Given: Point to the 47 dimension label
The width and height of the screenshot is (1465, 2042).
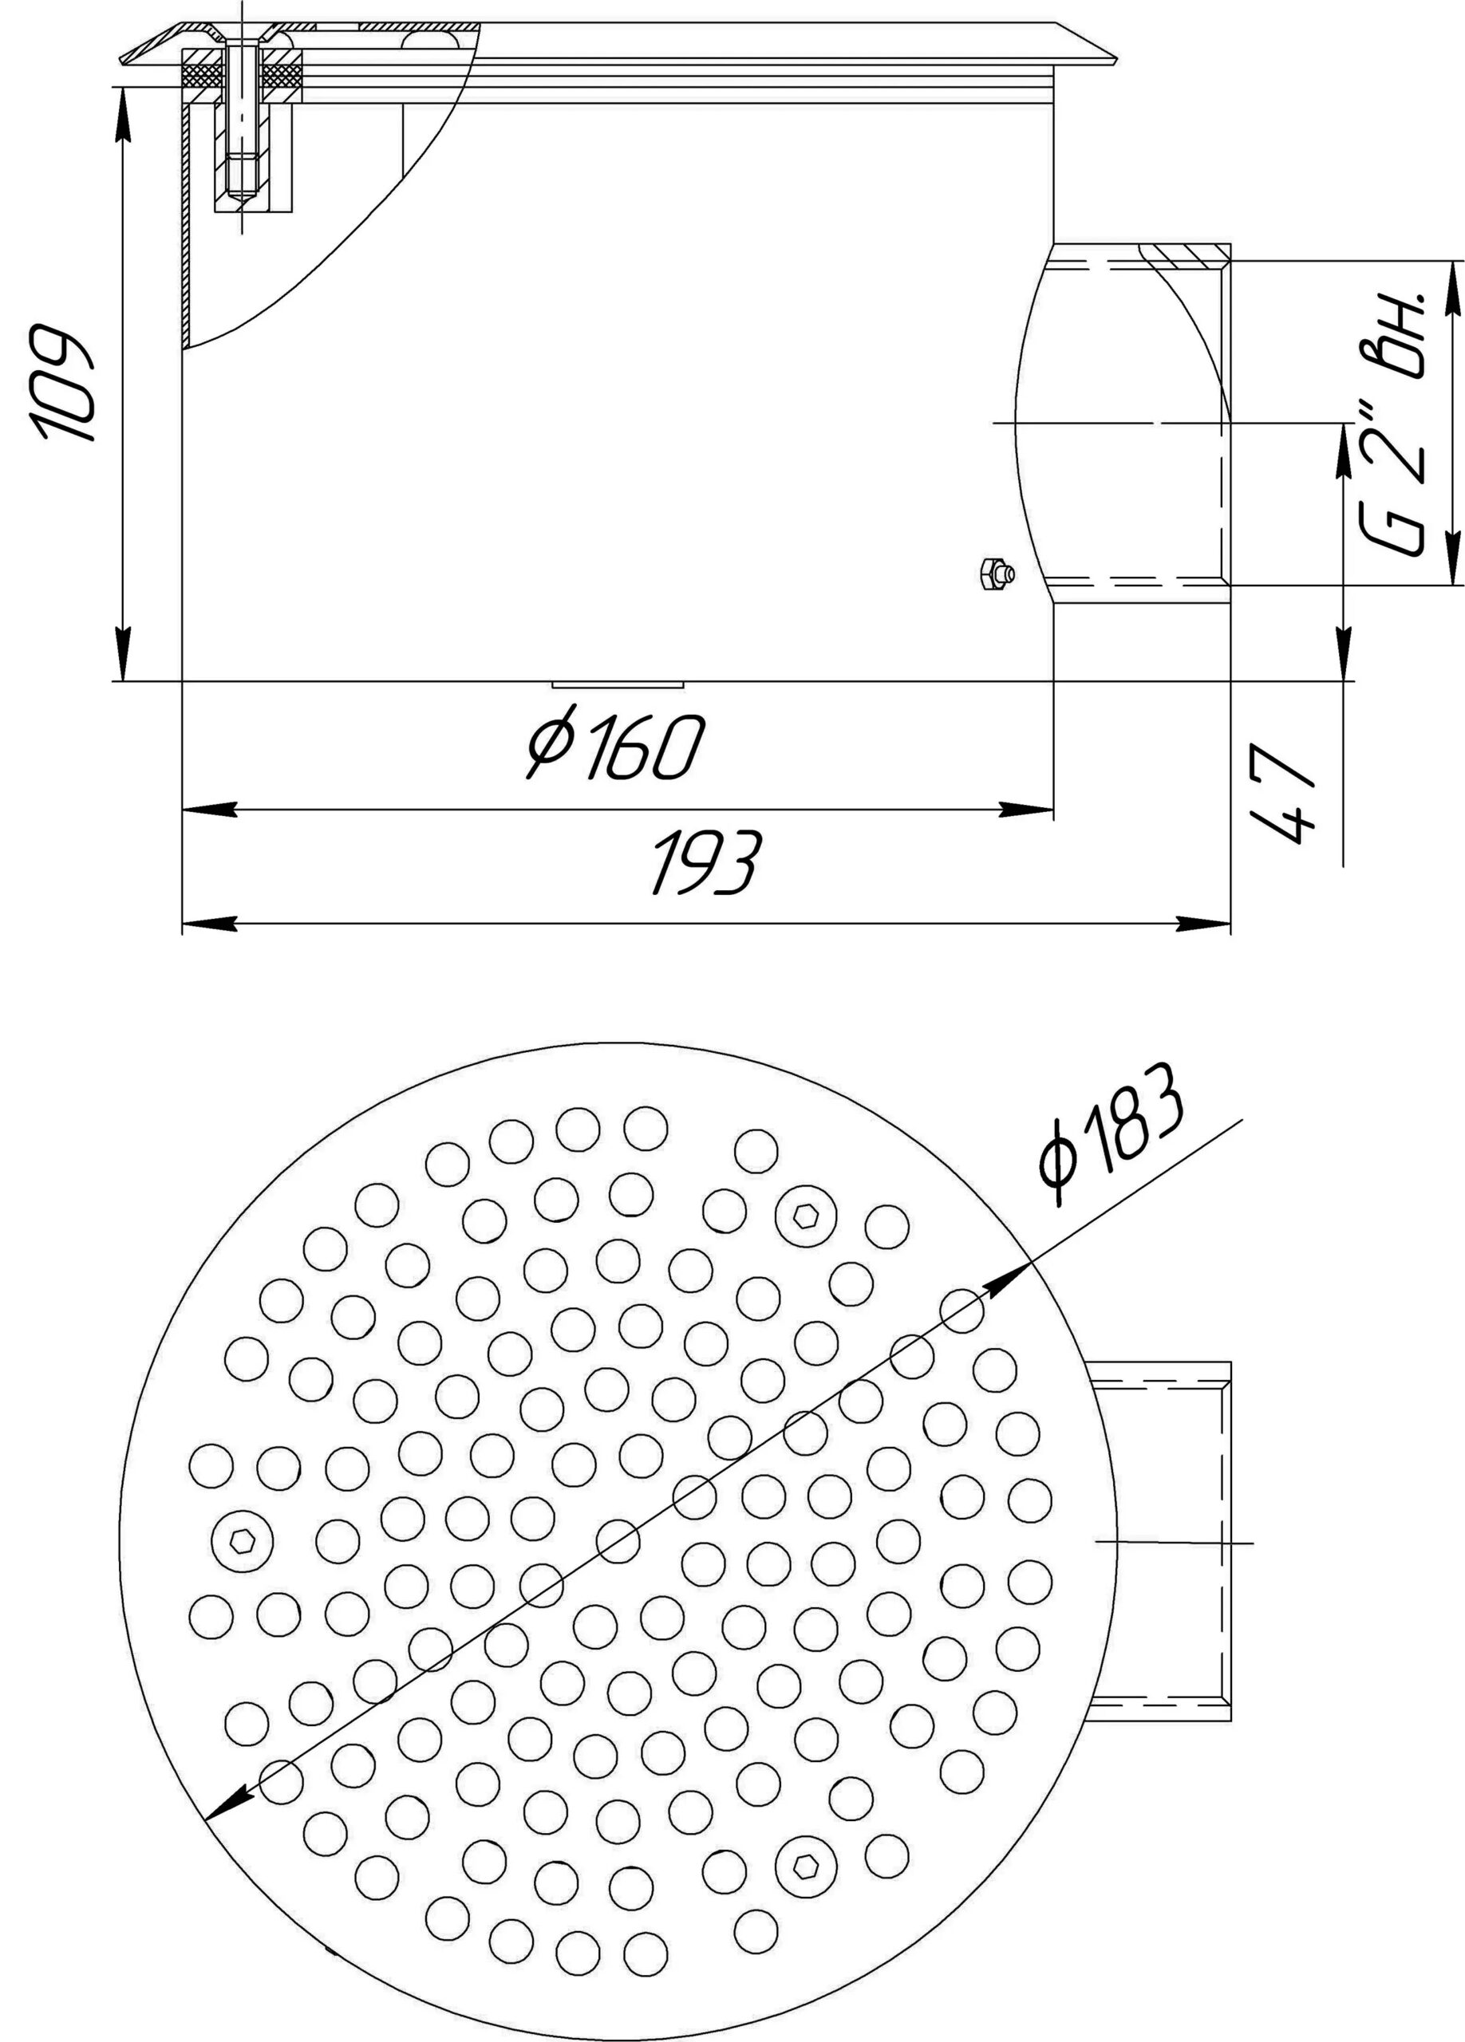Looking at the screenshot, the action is tap(1285, 792).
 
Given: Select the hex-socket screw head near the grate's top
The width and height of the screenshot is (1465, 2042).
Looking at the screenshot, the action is tap(805, 1216).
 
